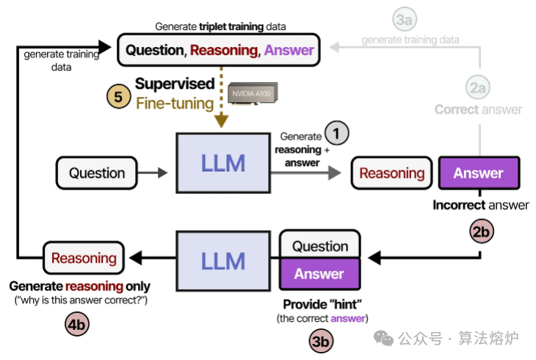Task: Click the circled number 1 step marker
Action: click(337, 133)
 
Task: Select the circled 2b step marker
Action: click(482, 231)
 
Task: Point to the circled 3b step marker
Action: click(320, 340)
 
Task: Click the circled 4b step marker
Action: click(78, 323)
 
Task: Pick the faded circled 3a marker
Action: click(402, 21)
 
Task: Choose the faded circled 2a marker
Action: click(479, 88)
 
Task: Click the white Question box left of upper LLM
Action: click(97, 173)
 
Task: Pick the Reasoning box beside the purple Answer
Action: click(392, 173)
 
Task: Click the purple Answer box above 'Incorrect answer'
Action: click(478, 173)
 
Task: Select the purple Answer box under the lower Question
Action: click(319, 274)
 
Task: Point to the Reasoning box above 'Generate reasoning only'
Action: click(83, 258)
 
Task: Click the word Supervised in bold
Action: click(174, 84)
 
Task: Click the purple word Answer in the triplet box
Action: click(289, 50)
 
